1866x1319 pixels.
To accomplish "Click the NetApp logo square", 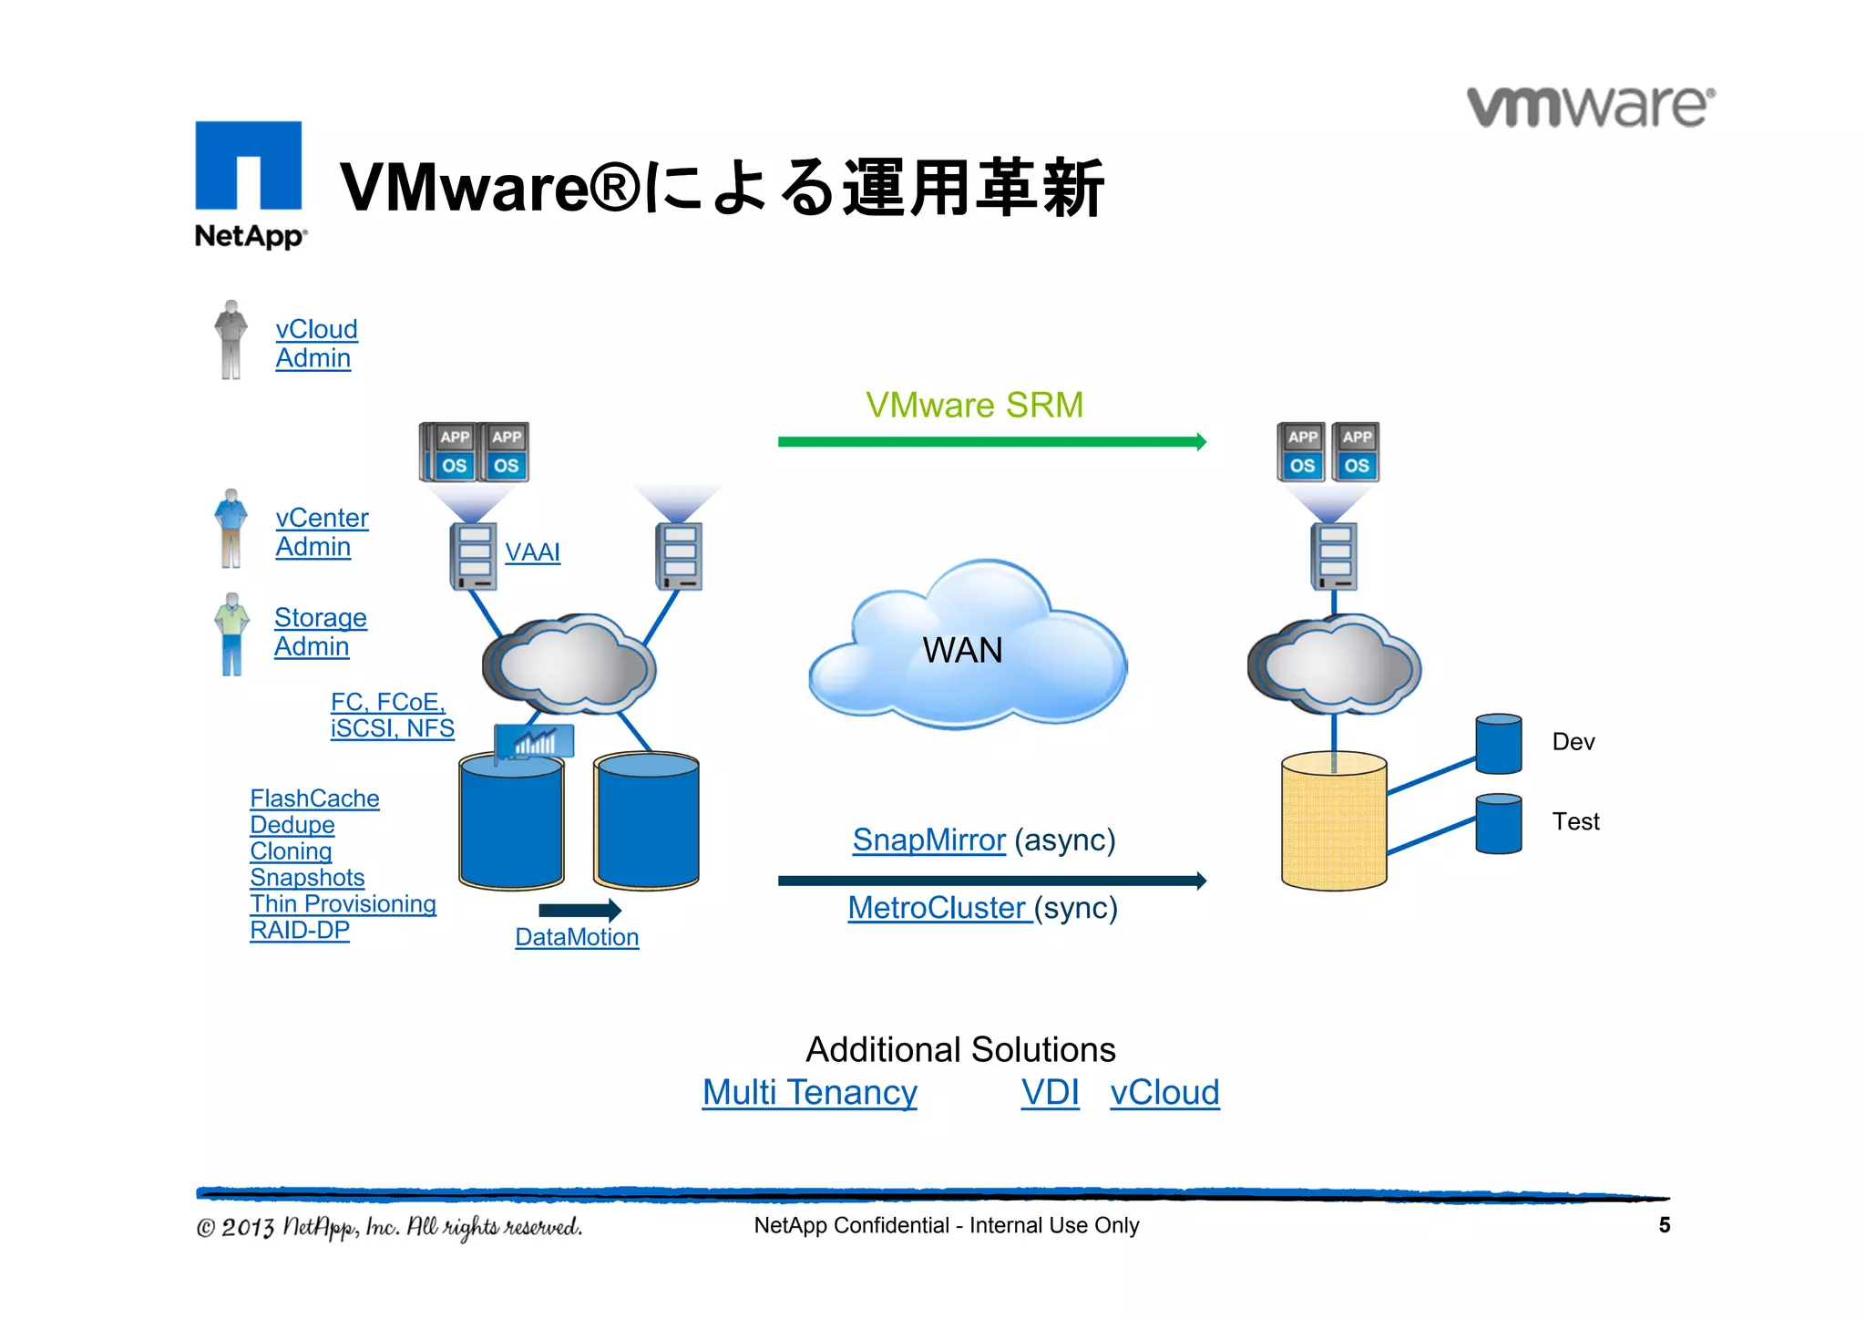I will coord(248,166).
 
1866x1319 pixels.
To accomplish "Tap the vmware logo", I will coord(1590,107).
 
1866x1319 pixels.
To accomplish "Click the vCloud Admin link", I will coord(315,344).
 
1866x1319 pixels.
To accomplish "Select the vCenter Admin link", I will coord(321,532).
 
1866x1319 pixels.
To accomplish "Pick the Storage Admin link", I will coord(319,632).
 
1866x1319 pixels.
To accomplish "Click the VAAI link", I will coord(532,552).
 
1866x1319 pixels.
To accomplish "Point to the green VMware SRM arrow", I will coord(991,442).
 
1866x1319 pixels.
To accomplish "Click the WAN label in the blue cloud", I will coord(962,651).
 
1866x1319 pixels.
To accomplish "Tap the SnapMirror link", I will coord(928,840).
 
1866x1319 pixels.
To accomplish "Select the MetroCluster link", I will coord(938,908).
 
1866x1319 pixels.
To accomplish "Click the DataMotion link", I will coord(577,937).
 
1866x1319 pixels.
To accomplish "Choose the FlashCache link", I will coord(314,799).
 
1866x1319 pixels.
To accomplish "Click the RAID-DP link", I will coord(300,930).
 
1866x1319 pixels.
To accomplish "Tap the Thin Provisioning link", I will coord(343,903).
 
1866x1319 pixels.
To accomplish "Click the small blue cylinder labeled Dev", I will coord(1498,745).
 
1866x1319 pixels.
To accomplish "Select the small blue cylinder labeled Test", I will coord(1498,824).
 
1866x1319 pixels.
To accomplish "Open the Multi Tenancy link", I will coord(809,1092).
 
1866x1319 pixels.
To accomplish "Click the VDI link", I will coord(1050,1092).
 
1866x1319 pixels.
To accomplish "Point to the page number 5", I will coord(1664,1225).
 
